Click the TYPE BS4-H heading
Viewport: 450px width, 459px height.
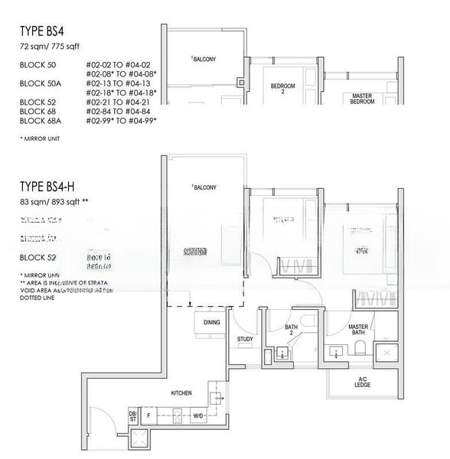[x=53, y=187]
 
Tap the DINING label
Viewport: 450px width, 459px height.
[x=212, y=322]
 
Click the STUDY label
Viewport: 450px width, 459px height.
[x=245, y=339]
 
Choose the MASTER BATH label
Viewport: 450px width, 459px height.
[x=359, y=329]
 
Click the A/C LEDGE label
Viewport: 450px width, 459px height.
[x=363, y=382]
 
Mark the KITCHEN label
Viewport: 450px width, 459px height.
[x=181, y=392]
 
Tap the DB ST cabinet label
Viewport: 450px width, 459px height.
[x=132, y=418]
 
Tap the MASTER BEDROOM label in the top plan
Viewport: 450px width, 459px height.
[x=361, y=100]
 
